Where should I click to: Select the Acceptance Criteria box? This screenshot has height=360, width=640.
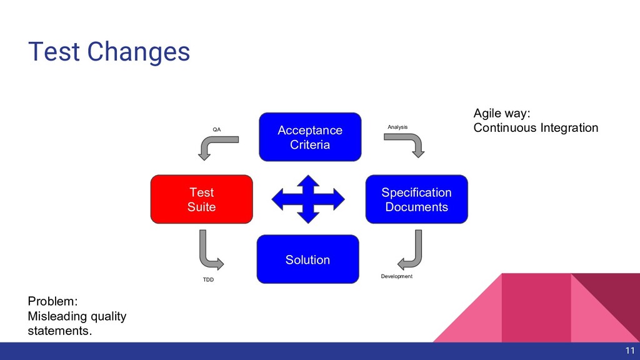pyautogui.click(x=310, y=137)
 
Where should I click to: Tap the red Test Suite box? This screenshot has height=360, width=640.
pyautogui.click(x=201, y=199)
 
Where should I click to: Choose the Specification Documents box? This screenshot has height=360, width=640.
pyautogui.click(x=416, y=199)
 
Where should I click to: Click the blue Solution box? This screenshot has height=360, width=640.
pyautogui.click(x=307, y=259)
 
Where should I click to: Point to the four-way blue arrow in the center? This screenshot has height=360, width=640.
pyautogui.click(x=307, y=199)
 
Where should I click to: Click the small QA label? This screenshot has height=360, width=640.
pyautogui.click(x=217, y=129)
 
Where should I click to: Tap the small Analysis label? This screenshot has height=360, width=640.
pyautogui.click(x=397, y=127)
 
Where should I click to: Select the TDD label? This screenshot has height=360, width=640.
pyautogui.click(x=207, y=279)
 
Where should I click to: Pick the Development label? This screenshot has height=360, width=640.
pyautogui.click(x=397, y=276)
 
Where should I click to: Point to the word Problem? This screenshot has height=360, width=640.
pyautogui.click(x=52, y=301)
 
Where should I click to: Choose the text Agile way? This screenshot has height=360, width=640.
pyautogui.click(x=502, y=113)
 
